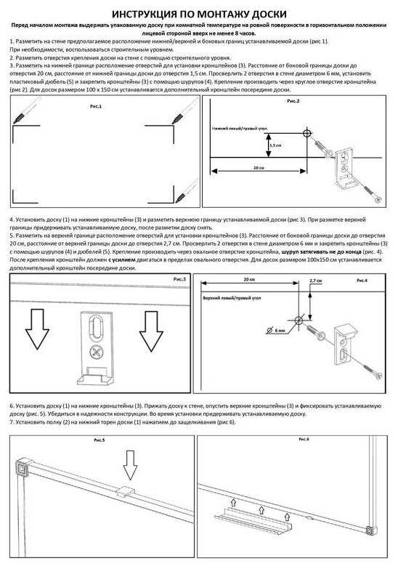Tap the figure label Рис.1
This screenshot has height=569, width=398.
(x=95, y=107)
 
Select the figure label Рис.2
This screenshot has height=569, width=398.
(x=293, y=101)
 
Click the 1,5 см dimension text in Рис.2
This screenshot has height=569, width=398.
(x=275, y=145)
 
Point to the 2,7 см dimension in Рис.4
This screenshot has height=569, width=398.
(x=315, y=280)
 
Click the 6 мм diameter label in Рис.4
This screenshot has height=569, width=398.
(x=280, y=330)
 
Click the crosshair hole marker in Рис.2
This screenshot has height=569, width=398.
(x=306, y=134)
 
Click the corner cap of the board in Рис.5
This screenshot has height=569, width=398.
(x=23, y=468)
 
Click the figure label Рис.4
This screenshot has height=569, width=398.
(x=361, y=279)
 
